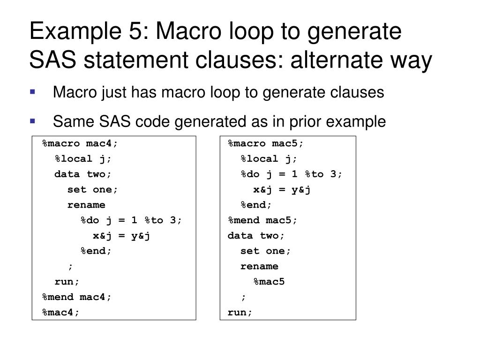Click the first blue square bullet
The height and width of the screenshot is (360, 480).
(x=32, y=92)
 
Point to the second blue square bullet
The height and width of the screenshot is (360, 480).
(x=32, y=121)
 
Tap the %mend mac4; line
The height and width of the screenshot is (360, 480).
(x=77, y=297)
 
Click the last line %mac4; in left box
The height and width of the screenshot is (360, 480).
(x=61, y=312)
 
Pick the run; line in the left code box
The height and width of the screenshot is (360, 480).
(x=67, y=282)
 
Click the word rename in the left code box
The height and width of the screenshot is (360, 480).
(x=87, y=205)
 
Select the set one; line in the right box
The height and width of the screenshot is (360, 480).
(x=266, y=251)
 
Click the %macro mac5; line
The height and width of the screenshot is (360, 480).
(x=266, y=143)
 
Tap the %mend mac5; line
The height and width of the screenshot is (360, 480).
(x=263, y=220)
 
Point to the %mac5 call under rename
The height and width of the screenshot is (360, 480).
(x=270, y=282)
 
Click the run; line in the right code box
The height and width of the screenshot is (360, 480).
(x=240, y=312)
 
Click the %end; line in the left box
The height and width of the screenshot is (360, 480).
(x=97, y=251)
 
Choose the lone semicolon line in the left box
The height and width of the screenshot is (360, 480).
(x=70, y=266)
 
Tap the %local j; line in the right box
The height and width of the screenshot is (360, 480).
(x=269, y=159)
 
